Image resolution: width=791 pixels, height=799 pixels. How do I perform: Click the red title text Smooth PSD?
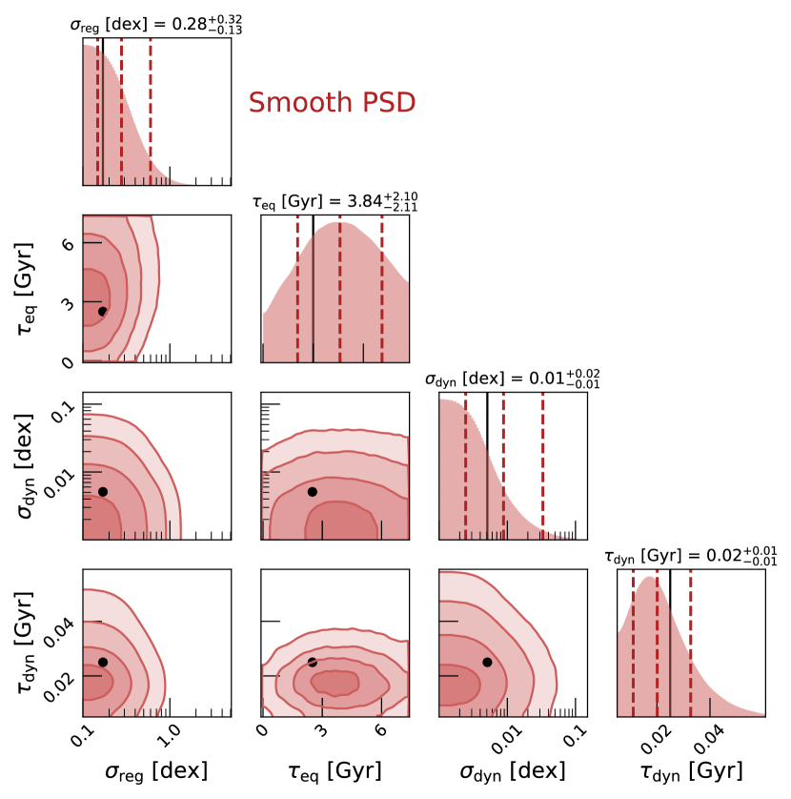(332, 103)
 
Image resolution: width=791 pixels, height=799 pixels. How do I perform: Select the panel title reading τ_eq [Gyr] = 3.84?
(335, 201)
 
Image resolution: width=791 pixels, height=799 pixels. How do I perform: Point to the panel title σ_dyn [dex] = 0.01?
(513, 379)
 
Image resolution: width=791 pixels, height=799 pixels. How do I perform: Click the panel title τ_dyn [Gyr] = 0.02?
(690, 557)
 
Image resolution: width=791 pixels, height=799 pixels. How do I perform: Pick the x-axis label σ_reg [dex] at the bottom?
(155, 770)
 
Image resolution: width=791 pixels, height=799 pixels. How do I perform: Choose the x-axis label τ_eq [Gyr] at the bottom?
(335, 770)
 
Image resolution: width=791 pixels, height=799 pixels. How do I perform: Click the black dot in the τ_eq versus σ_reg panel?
(103, 311)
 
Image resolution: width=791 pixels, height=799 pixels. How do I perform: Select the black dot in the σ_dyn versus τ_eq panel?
(312, 492)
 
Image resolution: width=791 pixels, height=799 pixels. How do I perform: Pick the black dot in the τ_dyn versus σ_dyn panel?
(487, 662)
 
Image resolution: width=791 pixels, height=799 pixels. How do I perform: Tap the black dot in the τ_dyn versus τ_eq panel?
(312, 662)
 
